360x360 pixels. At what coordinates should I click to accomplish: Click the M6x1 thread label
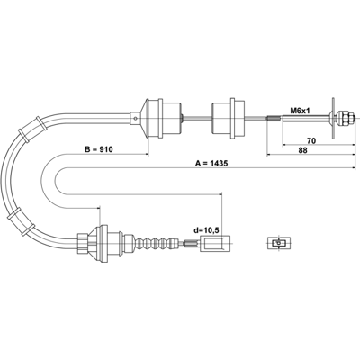(x=300, y=111)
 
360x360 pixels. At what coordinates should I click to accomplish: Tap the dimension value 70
(x=311, y=140)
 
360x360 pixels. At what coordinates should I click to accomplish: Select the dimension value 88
(x=302, y=150)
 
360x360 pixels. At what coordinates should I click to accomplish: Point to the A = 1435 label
(x=211, y=164)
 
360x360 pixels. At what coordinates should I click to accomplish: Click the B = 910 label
(x=98, y=149)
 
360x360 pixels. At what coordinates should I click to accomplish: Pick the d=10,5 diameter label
(x=206, y=230)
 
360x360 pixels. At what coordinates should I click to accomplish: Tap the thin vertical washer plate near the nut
(x=333, y=118)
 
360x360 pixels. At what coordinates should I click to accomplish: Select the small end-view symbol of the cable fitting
(x=279, y=243)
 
